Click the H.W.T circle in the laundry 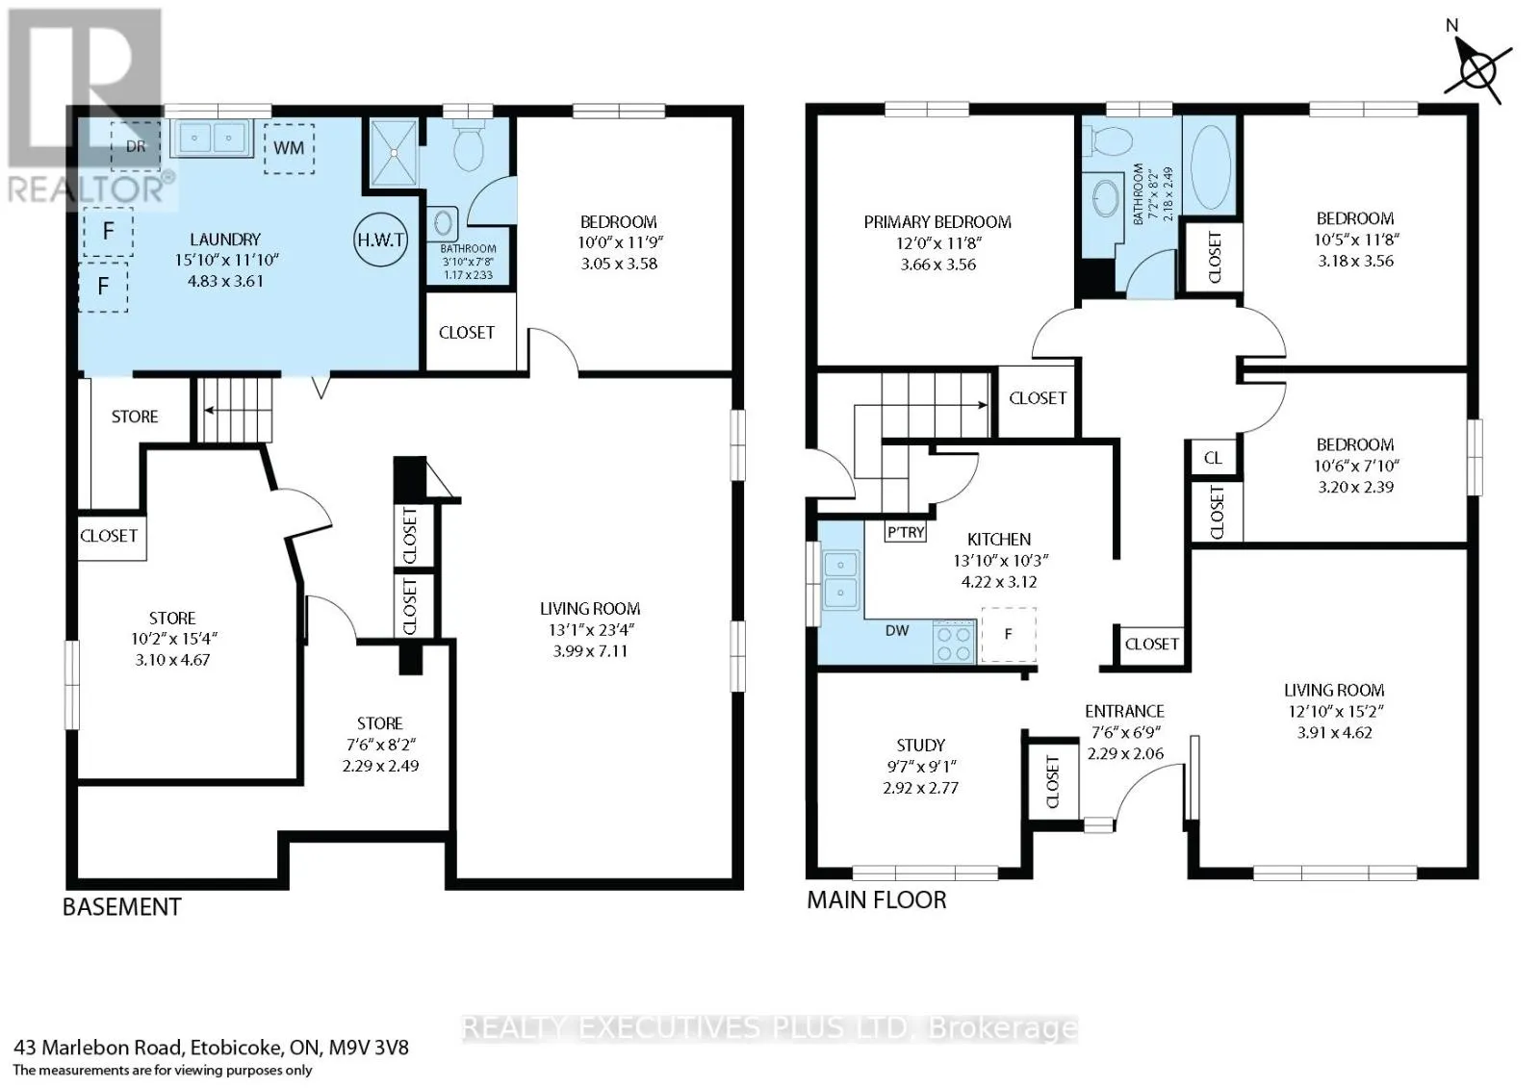380,240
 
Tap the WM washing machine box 289,148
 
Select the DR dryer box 136,145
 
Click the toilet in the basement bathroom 469,145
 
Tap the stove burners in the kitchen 954,642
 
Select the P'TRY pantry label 906,531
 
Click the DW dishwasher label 897,631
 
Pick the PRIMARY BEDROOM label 937,222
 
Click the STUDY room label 920,745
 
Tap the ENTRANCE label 1125,711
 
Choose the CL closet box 1214,458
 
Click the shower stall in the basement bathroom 394,153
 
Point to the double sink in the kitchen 840,580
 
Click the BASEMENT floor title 121,907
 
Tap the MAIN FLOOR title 877,899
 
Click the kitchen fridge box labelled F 1008,634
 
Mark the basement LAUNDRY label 225,240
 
